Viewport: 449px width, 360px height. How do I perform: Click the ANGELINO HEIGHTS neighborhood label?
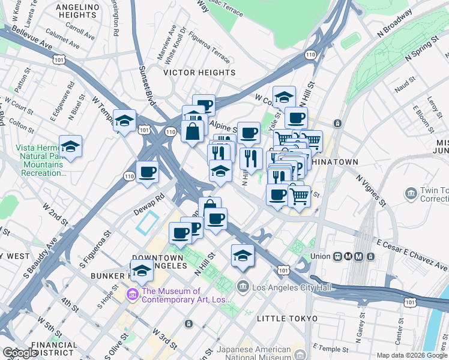click(x=77, y=11)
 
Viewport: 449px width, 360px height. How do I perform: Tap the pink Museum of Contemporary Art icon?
click(x=132, y=295)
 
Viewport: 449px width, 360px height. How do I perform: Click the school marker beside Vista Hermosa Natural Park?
click(x=70, y=146)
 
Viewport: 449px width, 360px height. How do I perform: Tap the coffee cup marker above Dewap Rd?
click(x=147, y=172)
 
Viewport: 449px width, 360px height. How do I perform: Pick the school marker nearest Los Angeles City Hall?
click(x=243, y=254)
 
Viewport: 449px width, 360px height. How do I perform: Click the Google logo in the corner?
click(x=20, y=353)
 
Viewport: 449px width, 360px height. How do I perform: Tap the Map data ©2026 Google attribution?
click(x=411, y=355)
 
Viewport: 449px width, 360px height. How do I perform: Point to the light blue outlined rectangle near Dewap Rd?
click(x=147, y=223)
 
